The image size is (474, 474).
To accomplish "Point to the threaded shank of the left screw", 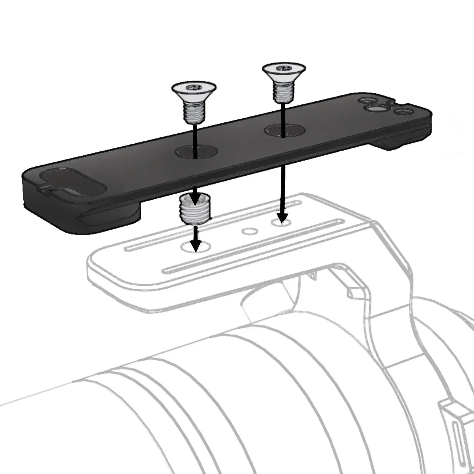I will (194, 111).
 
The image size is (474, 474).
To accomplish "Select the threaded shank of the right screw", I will (284, 92).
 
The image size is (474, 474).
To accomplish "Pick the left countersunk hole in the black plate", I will (196, 151).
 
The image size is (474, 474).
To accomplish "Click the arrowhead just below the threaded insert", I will (195, 246).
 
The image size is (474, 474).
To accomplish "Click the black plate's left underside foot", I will (108, 217).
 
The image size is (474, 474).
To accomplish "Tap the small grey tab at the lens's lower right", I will (452, 412).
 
